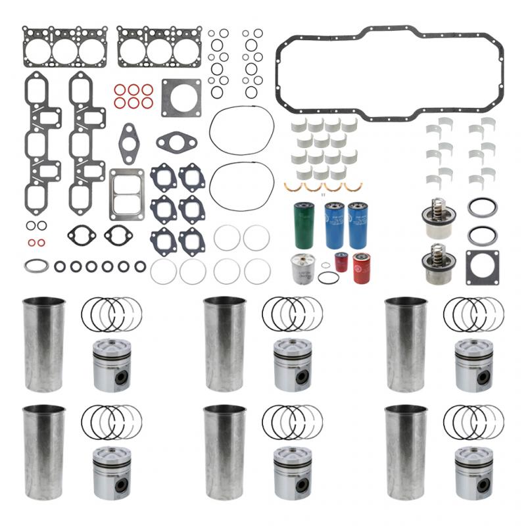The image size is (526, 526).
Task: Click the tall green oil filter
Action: (304, 225)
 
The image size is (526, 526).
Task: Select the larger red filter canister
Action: (362, 268)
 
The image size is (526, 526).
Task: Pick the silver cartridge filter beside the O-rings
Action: (304, 268)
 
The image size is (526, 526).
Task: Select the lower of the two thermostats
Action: (435, 264)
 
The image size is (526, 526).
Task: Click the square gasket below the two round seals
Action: (482, 267)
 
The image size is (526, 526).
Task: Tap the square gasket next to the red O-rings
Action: (178, 97)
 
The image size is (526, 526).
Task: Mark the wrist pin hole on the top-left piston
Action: (120, 378)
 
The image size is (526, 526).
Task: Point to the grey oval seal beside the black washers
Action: (36, 266)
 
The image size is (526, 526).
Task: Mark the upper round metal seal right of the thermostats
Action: (482, 208)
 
